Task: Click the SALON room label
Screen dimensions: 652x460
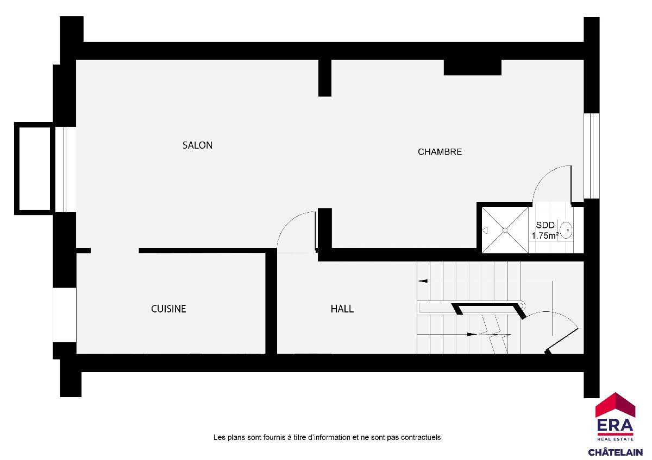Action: [197, 145]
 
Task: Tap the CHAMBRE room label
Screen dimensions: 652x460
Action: [440, 152]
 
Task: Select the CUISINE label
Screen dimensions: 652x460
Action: [168, 309]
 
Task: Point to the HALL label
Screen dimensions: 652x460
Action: [342, 309]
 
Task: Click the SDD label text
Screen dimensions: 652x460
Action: [545, 225]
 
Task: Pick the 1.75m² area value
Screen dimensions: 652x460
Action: [545, 235]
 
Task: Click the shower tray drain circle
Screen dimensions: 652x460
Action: [505, 230]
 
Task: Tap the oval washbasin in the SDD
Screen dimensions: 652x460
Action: [566, 231]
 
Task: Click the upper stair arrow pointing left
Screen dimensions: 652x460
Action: [423, 281]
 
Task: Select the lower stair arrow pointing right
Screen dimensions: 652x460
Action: [472, 334]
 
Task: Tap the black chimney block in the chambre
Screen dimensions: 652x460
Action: [472, 67]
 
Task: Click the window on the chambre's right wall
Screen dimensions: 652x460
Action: [592, 156]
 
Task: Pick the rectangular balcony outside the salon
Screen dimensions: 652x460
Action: [34, 169]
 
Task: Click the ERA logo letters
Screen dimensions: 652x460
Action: [615, 425]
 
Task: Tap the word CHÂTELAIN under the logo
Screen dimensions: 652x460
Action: [615, 452]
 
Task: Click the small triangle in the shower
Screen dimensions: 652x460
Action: [485, 231]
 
